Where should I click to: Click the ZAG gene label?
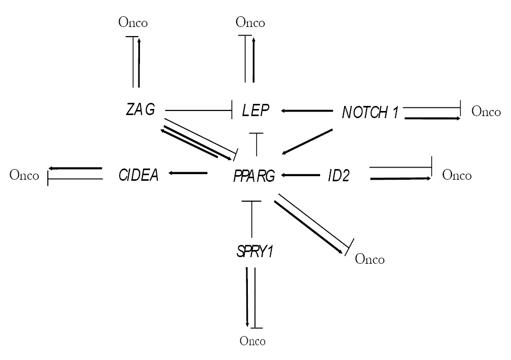pyautogui.click(x=140, y=109)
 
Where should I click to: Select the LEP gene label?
pyautogui.click(x=255, y=110)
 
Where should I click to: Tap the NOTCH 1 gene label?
pyautogui.click(x=370, y=112)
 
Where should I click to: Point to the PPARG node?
pyautogui.click(x=254, y=176)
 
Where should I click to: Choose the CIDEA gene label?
pyautogui.click(x=138, y=175)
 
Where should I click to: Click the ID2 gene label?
pyautogui.click(x=338, y=176)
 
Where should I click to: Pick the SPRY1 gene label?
pyautogui.click(x=253, y=252)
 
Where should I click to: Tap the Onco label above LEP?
pyautogui.click(x=250, y=22)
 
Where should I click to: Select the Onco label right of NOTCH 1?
pyautogui.click(x=487, y=112)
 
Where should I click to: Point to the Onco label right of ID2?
pyautogui.click(x=457, y=176)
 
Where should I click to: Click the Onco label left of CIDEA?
pyautogui.click(x=24, y=176)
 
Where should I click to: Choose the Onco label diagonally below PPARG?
pyautogui.click(x=370, y=259)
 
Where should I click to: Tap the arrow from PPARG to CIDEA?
pyautogui.click(x=188, y=174)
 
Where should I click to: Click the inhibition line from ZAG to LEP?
pyautogui.click(x=198, y=109)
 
